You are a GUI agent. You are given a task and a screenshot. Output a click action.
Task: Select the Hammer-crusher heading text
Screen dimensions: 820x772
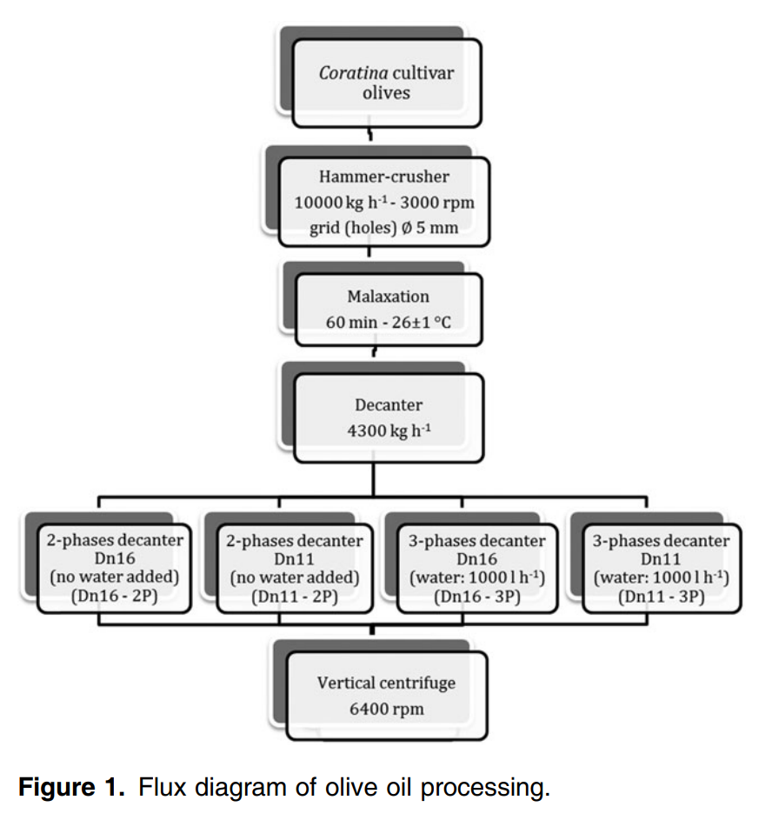click(384, 177)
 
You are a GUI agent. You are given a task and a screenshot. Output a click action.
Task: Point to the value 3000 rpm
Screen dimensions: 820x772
click(434, 203)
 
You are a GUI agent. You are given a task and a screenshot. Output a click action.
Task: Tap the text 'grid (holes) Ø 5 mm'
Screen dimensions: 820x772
click(383, 229)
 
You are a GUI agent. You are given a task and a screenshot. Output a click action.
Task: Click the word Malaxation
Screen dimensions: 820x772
click(388, 296)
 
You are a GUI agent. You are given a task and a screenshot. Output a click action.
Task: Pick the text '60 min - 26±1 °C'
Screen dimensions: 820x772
click(388, 322)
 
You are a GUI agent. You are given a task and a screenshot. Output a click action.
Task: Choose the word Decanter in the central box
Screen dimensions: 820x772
click(388, 404)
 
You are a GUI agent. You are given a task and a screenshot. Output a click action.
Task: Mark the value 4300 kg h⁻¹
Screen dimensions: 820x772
click(388, 430)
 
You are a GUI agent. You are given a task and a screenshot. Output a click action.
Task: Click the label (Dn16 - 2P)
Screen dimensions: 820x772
click(114, 597)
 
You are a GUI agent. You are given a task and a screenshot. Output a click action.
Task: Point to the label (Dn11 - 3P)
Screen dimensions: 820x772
click(661, 597)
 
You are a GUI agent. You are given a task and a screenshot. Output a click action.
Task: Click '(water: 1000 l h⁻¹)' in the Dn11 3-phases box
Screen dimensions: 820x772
click(661, 577)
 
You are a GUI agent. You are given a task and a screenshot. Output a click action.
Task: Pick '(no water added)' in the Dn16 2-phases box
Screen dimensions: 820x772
click(114, 577)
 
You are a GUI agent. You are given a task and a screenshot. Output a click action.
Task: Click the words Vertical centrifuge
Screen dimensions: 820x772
click(386, 683)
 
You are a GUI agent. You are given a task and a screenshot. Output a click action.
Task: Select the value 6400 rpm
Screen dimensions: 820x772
click(386, 709)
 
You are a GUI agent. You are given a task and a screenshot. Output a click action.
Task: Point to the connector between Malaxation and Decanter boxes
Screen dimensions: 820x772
click(374, 352)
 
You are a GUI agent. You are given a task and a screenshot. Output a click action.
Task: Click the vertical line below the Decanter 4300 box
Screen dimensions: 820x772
click(374, 479)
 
